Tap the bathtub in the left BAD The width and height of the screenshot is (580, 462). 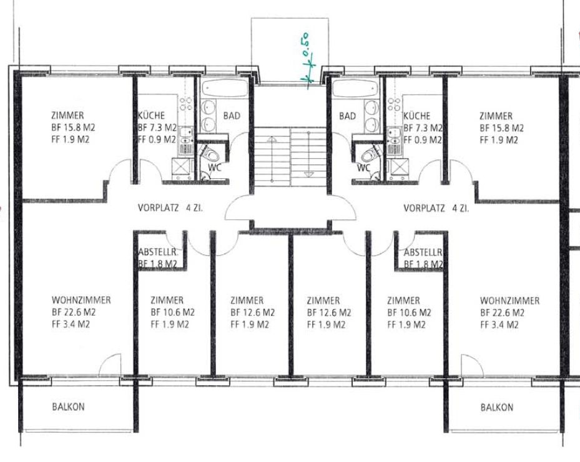pyautogui.click(x=225, y=89)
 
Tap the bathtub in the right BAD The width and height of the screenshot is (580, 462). pyautogui.click(x=355, y=89)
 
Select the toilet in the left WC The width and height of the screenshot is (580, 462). pyautogui.click(x=210, y=153)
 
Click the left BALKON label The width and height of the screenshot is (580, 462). pyautogui.click(x=69, y=407)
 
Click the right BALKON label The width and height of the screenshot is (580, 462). pyautogui.click(x=497, y=408)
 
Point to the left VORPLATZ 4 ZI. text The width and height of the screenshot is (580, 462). pyautogui.click(x=170, y=208)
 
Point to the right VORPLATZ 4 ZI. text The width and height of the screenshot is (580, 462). pyautogui.click(x=436, y=208)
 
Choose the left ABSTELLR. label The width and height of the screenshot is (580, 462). pyautogui.click(x=158, y=253)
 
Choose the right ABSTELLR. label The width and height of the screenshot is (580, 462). pyautogui.click(x=423, y=253)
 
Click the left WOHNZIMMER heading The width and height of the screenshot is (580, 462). pyautogui.click(x=81, y=299)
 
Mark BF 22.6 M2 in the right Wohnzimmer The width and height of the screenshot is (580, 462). pyautogui.click(x=503, y=313)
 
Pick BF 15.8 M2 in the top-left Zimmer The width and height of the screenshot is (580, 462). pyautogui.click(x=73, y=128)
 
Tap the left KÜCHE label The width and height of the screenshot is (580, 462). pyautogui.click(x=151, y=115)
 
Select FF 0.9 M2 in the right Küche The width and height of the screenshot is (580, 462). pyautogui.click(x=423, y=140)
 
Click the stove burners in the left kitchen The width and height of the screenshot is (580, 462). pyautogui.click(x=185, y=103)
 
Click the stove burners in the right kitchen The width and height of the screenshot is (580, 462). pyautogui.click(x=395, y=103)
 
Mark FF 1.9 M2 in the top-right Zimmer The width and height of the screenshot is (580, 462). pyautogui.click(x=499, y=140)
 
